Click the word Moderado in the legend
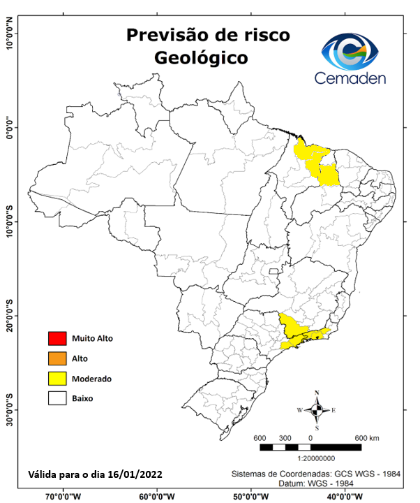(92, 379)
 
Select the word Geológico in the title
(202, 57)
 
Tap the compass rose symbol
(317, 409)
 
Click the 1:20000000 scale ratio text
(317, 458)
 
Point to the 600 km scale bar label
(367, 437)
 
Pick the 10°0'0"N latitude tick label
(10, 32)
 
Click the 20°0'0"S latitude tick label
(10, 315)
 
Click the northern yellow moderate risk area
(317, 163)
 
